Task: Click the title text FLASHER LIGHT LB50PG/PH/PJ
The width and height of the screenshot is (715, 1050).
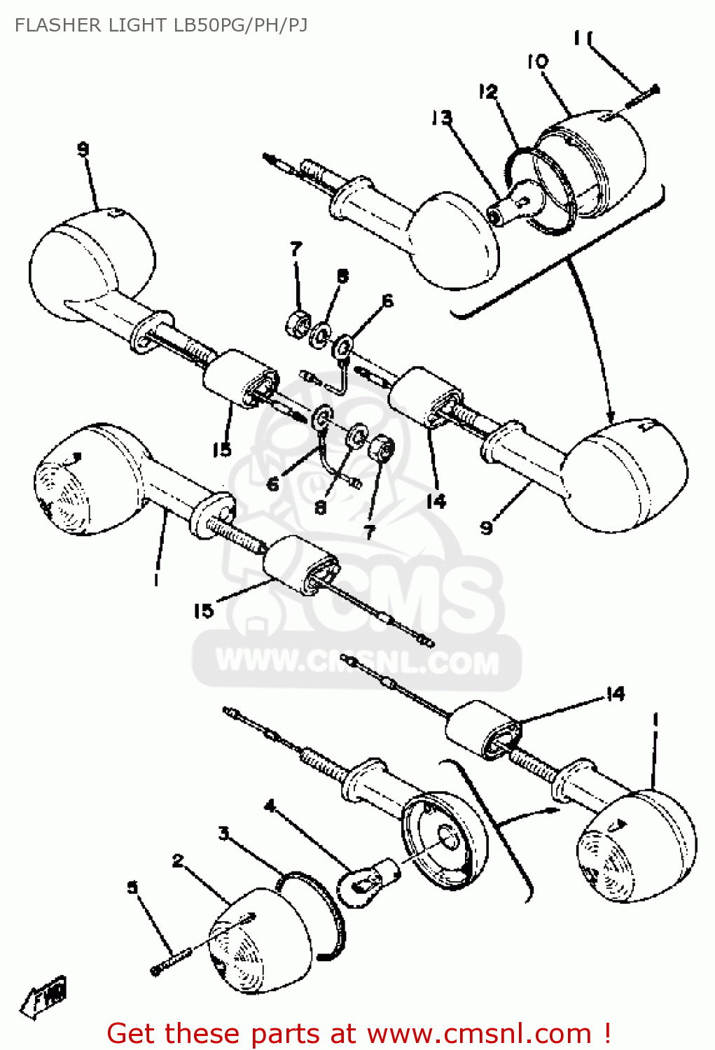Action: [161, 25]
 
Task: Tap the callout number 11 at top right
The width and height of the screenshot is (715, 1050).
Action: [582, 38]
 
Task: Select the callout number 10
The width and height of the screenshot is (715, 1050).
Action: [538, 62]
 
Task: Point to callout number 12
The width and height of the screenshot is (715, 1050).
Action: [488, 92]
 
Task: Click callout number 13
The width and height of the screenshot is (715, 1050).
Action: [442, 118]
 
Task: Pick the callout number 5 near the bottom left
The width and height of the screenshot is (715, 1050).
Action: [133, 888]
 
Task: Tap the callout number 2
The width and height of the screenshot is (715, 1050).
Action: [178, 860]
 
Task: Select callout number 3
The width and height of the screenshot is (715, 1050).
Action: [223, 833]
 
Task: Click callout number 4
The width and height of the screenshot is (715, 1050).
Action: [270, 806]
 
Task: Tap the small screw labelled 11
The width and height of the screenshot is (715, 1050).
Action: [641, 95]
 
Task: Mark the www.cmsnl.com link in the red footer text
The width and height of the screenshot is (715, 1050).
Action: [479, 1033]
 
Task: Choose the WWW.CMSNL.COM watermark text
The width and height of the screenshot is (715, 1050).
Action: [357, 661]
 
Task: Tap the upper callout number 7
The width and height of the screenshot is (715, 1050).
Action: [296, 249]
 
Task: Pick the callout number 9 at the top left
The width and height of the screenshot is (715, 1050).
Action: [83, 149]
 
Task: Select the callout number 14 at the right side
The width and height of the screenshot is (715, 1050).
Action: [615, 694]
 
